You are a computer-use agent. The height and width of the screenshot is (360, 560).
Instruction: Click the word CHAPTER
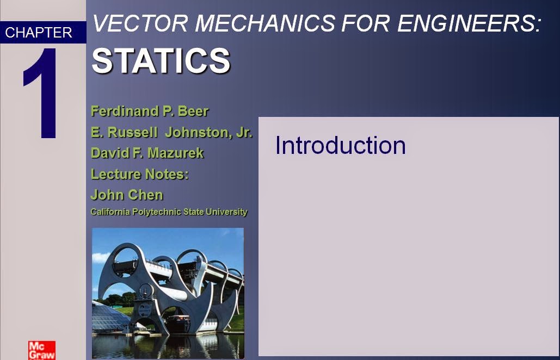click(x=38, y=33)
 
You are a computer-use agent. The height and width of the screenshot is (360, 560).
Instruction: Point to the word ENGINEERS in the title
click(x=470, y=23)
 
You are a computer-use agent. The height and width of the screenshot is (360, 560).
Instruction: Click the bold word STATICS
click(x=161, y=60)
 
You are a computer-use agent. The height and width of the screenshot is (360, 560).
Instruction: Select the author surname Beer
click(x=193, y=111)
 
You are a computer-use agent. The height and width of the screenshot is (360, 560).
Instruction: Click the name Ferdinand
click(x=124, y=111)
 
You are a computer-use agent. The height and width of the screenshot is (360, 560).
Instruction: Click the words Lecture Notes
click(x=139, y=174)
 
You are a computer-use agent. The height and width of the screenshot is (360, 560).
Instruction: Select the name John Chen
click(x=127, y=195)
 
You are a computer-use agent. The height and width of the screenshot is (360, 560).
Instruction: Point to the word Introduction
click(x=340, y=145)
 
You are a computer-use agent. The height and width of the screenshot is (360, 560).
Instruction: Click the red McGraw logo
click(x=42, y=350)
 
